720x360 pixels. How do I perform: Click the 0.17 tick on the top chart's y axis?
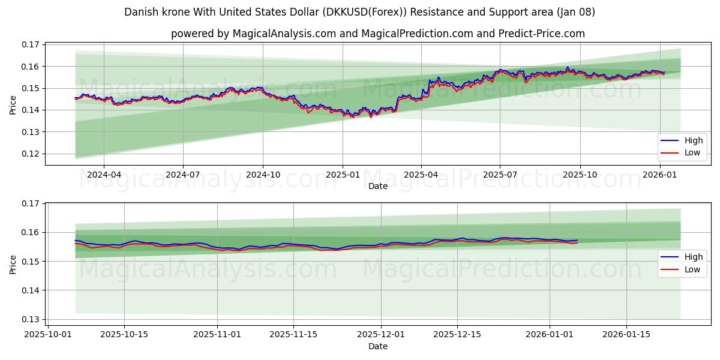[x=31, y=44]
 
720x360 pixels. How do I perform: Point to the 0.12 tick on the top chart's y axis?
[x=31, y=154]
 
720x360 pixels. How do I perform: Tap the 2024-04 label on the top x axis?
[x=104, y=175]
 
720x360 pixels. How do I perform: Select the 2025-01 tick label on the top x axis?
[x=342, y=175]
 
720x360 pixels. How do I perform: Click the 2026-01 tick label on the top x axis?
[x=659, y=175]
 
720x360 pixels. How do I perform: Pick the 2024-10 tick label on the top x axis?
[x=263, y=175]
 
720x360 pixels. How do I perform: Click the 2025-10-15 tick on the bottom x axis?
[x=124, y=334]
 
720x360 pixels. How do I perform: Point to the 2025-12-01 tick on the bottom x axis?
[x=381, y=334]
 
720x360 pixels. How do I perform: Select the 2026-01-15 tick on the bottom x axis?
[x=626, y=334]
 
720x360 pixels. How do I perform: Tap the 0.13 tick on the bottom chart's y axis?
[x=31, y=319]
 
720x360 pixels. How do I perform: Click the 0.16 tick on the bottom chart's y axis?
[x=31, y=232]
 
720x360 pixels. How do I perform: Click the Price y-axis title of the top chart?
[x=13, y=104]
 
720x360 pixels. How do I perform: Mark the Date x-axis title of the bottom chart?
[x=377, y=346]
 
